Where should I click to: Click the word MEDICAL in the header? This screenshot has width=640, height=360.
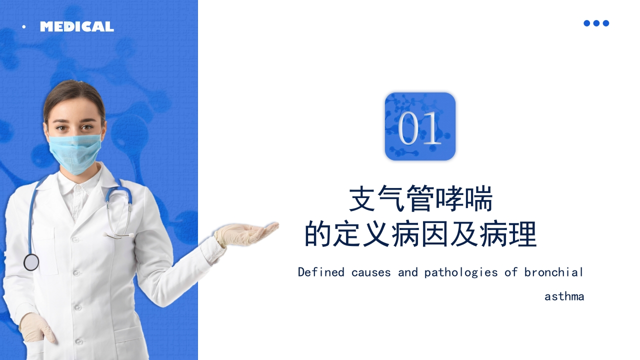tap(77, 26)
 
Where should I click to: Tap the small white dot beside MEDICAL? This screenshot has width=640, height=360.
tap(24, 27)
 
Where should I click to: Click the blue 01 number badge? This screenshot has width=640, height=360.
tap(420, 126)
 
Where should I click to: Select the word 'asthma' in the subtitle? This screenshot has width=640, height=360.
tap(564, 296)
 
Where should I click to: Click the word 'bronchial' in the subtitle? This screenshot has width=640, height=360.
tap(553, 272)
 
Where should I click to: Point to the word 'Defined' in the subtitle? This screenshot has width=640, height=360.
tap(321, 272)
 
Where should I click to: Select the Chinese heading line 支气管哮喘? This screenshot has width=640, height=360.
tap(421, 198)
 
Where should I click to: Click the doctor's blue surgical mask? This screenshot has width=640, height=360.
tap(75, 153)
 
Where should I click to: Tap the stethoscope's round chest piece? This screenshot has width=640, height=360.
tap(31, 262)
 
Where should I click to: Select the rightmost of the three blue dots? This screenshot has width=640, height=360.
tap(605, 23)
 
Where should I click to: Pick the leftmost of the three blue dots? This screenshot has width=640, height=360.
tap(586, 23)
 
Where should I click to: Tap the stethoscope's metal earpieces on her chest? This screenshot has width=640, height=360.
tap(118, 235)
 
